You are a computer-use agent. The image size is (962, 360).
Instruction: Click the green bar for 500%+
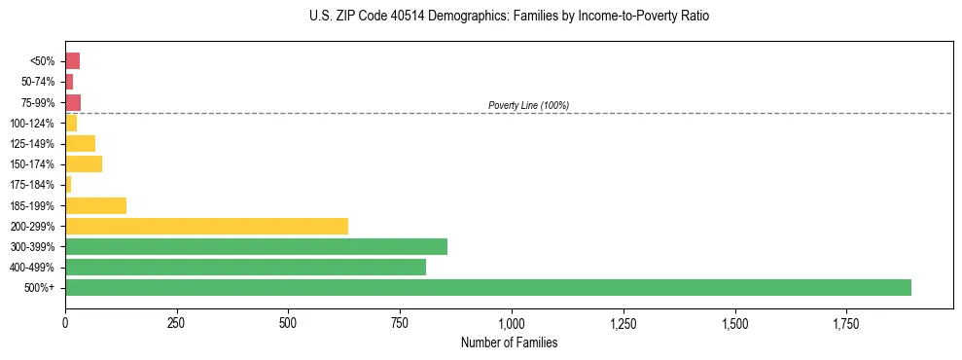coord(487,287)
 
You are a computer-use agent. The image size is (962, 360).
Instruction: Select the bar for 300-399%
coord(256,246)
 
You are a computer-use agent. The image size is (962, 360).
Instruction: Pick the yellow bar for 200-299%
coord(206,226)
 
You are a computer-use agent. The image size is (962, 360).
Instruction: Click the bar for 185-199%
coord(95,205)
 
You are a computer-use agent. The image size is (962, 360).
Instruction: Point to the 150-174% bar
coord(84,163)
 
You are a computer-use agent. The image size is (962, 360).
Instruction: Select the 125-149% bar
coord(80,143)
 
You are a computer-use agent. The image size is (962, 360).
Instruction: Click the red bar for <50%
coord(72,60)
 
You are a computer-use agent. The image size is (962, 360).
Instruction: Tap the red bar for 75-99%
coord(73,102)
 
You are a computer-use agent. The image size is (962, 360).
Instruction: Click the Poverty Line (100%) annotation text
coord(528,105)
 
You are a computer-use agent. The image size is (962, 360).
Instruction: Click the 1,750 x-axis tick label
coord(734,323)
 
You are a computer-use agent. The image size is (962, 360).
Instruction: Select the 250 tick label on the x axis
coord(176,323)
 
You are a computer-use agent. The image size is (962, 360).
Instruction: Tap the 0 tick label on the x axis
coord(65,323)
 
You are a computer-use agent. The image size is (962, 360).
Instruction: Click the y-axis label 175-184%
coord(32,185)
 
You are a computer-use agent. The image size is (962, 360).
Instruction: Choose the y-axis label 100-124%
coord(32,123)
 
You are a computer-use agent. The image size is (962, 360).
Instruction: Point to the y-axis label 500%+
coord(41,288)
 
